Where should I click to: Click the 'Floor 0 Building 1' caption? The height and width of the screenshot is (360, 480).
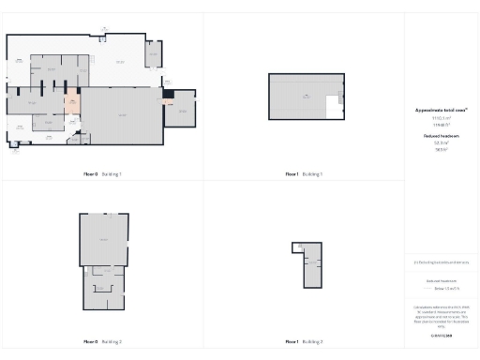pos(102,174)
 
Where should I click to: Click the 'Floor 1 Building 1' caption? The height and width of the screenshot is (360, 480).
pos(305,174)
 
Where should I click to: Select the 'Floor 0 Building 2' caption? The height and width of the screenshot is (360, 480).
pos(102,341)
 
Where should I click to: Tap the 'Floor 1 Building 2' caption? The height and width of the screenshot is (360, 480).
pos(305,341)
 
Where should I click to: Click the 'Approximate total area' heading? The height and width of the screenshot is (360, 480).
pos(441,110)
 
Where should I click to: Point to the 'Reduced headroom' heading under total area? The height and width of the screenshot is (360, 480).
pos(441,136)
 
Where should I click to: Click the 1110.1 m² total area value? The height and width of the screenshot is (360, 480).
pos(441,118)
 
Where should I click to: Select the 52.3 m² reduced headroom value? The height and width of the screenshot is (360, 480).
pos(441,142)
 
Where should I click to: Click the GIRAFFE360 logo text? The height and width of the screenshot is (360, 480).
pos(441,334)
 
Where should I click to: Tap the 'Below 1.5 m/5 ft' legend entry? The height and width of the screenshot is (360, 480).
pos(442,289)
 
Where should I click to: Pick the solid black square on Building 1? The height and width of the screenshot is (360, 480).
pos(168,94)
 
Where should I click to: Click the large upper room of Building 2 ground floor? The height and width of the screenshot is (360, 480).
pos(103,239)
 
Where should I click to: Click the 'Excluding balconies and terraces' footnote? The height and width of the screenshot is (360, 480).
pos(441,262)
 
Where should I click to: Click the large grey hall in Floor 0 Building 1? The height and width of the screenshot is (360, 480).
pos(122,115)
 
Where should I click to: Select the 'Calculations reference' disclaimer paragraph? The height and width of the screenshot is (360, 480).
pos(441,313)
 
